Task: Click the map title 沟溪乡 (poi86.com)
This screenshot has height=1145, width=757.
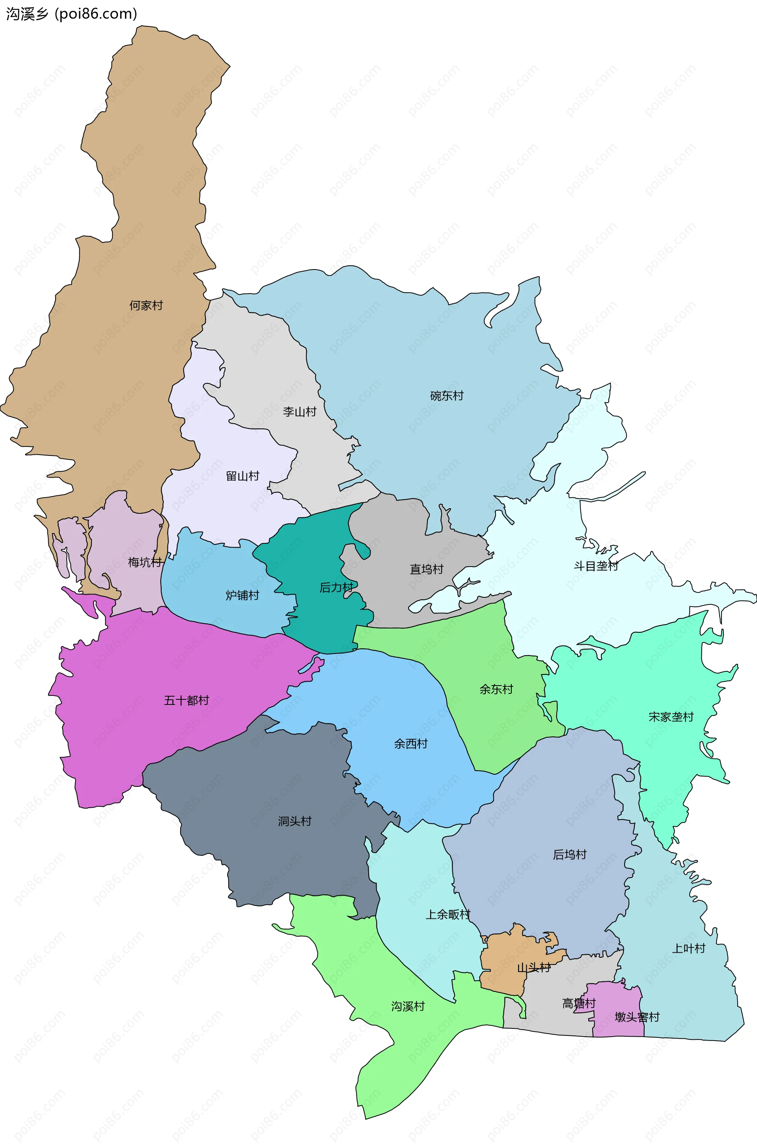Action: click(x=71, y=14)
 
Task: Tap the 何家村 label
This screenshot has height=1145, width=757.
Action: click(x=146, y=305)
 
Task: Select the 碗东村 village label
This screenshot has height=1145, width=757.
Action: click(x=447, y=396)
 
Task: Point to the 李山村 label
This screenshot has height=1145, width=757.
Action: click(x=299, y=412)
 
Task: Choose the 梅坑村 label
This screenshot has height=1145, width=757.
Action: click(x=145, y=562)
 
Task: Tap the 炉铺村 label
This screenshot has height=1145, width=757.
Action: click(x=242, y=595)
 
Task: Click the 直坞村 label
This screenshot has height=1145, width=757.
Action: click(x=426, y=569)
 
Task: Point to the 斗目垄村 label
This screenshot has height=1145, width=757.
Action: click(x=596, y=566)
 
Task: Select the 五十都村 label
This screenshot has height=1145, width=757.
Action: click(x=186, y=701)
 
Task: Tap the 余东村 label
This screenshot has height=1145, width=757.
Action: click(x=496, y=690)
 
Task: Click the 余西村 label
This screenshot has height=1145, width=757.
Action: click(x=410, y=744)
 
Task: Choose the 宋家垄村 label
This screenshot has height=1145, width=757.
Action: click(x=671, y=717)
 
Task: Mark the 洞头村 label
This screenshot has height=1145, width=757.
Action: click(x=295, y=821)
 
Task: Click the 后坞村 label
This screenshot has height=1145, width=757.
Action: click(x=569, y=855)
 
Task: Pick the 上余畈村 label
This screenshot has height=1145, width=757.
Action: click(x=447, y=915)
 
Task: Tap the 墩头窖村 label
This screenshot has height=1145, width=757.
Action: click(x=637, y=1017)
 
